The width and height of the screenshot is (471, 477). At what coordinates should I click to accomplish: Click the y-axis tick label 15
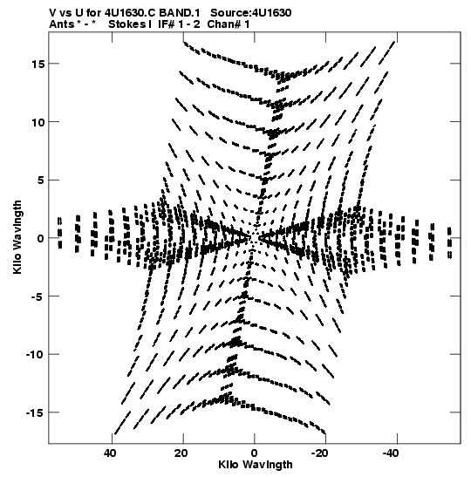38,64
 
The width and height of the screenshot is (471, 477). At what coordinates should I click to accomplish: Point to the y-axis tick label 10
38,122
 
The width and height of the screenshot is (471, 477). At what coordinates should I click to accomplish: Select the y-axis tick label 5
41,181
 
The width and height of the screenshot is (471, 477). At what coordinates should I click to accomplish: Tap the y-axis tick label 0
41,238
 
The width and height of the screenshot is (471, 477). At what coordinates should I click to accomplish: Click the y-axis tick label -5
38,296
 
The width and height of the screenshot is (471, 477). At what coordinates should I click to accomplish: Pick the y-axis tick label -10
35,354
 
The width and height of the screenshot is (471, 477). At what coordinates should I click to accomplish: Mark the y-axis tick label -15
35,412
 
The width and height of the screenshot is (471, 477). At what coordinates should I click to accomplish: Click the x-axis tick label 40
110,453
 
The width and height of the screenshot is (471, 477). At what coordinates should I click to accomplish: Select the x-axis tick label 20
181,453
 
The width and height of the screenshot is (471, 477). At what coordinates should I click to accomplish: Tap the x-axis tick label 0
255,453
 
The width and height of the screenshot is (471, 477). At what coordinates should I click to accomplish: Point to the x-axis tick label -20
320,453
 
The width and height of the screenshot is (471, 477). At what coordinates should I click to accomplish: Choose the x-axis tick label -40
391,453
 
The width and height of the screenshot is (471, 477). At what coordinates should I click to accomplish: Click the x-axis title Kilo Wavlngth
256,465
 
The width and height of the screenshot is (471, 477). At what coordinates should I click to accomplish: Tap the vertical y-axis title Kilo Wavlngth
17,237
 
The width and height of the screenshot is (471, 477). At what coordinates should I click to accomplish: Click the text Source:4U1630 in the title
251,13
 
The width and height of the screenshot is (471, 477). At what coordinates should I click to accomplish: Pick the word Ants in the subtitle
62,24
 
